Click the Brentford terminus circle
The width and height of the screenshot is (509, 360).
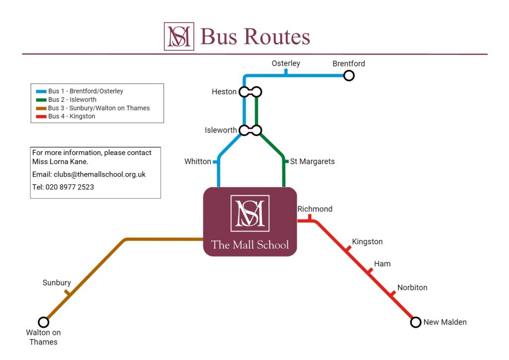[x=349, y=76]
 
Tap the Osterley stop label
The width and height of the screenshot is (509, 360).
[x=286, y=64]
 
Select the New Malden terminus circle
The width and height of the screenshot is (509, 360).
[x=416, y=322]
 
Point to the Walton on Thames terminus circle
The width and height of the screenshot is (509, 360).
[x=44, y=322]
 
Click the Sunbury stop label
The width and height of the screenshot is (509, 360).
[x=57, y=282]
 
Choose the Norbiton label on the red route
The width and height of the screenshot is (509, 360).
[x=412, y=287]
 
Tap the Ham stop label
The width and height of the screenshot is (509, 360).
[x=382, y=264]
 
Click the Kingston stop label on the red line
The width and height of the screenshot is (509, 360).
[x=367, y=242]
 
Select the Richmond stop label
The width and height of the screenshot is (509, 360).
[x=315, y=209]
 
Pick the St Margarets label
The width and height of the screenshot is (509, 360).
[x=312, y=162]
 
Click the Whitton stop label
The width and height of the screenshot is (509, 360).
[x=198, y=162]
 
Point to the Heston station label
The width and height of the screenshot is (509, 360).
[x=224, y=92]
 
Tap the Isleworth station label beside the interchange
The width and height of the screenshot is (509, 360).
[x=221, y=130]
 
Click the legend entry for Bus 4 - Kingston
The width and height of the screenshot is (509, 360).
[x=72, y=116]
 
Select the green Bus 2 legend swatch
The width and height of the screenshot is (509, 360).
[x=41, y=100]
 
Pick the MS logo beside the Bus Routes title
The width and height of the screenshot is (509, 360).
[x=179, y=36]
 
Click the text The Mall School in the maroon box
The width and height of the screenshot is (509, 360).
[x=250, y=244]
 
